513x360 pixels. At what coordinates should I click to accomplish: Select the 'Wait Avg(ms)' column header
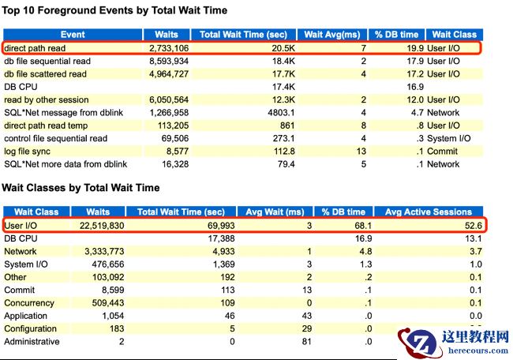click(x=332, y=35)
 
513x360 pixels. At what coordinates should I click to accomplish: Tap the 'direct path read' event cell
click(x=35, y=48)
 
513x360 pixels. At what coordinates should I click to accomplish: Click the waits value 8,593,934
click(x=169, y=62)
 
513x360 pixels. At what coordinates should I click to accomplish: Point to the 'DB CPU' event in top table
click(x=21, y=87)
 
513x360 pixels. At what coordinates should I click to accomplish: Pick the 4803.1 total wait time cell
click(x=281, y=113)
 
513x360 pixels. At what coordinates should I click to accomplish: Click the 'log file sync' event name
click(x=27, y=152)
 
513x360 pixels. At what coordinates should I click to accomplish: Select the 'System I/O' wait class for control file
click(x=449, y=138)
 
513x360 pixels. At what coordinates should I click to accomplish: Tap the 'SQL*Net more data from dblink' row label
click(x=66, y=164)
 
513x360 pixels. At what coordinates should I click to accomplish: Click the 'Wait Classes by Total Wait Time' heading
click(x=81, y=188)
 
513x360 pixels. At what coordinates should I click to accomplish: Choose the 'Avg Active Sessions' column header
click(x=429, y=212)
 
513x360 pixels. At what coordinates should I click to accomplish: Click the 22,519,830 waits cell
click(x=102, y=226)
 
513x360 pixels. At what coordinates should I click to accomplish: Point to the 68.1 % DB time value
click(x=363, y=226)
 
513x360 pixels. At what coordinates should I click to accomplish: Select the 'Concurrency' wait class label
click(x=29, y=303)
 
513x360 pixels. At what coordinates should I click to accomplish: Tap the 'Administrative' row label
click(x=32, y=342)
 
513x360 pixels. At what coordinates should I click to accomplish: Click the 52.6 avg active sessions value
click(x=473, y=226)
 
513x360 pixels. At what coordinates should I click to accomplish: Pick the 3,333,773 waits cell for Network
click(x=104, y=251)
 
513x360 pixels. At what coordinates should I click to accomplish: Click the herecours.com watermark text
click(x=478, y=351)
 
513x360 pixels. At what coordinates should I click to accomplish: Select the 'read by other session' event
click(x=47, y=99)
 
